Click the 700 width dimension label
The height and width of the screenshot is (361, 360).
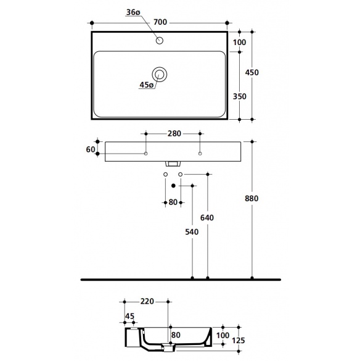160,22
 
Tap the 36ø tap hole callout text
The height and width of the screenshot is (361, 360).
133,12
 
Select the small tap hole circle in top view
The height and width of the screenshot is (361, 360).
160,41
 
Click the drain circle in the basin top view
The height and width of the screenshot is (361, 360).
160,75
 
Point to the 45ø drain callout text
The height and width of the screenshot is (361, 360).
147,85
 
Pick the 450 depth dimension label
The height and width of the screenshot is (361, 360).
252,73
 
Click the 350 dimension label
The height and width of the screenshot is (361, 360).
239,96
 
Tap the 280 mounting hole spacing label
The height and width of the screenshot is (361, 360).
174,133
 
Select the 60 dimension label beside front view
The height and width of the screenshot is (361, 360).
91,149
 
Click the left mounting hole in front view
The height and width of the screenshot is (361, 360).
145,154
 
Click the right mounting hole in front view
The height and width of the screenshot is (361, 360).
200,154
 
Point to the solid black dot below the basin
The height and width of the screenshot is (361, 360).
173,186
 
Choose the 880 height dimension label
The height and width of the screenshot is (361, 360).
252,199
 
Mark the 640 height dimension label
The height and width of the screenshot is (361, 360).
207,218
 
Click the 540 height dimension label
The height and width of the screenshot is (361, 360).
192,232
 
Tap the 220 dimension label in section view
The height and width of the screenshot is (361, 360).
147,301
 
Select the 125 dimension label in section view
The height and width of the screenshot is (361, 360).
239,340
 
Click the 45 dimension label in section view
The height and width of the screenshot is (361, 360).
129,317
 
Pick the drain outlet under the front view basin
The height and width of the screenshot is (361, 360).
173,164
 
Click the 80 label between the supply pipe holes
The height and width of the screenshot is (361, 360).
173,202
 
